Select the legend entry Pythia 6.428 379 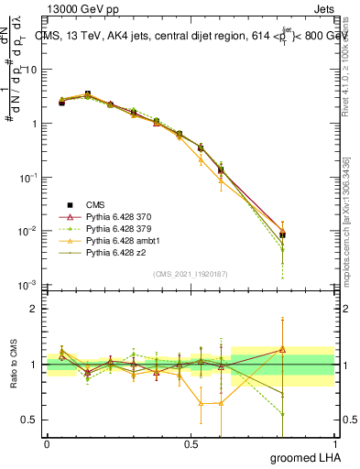(x=108, y=227)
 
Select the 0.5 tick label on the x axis (x=191, y=444)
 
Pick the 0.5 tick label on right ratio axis (x=346, y=420)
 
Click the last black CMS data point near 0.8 (x=283, y=235)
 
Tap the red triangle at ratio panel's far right (x=283, y=349)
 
